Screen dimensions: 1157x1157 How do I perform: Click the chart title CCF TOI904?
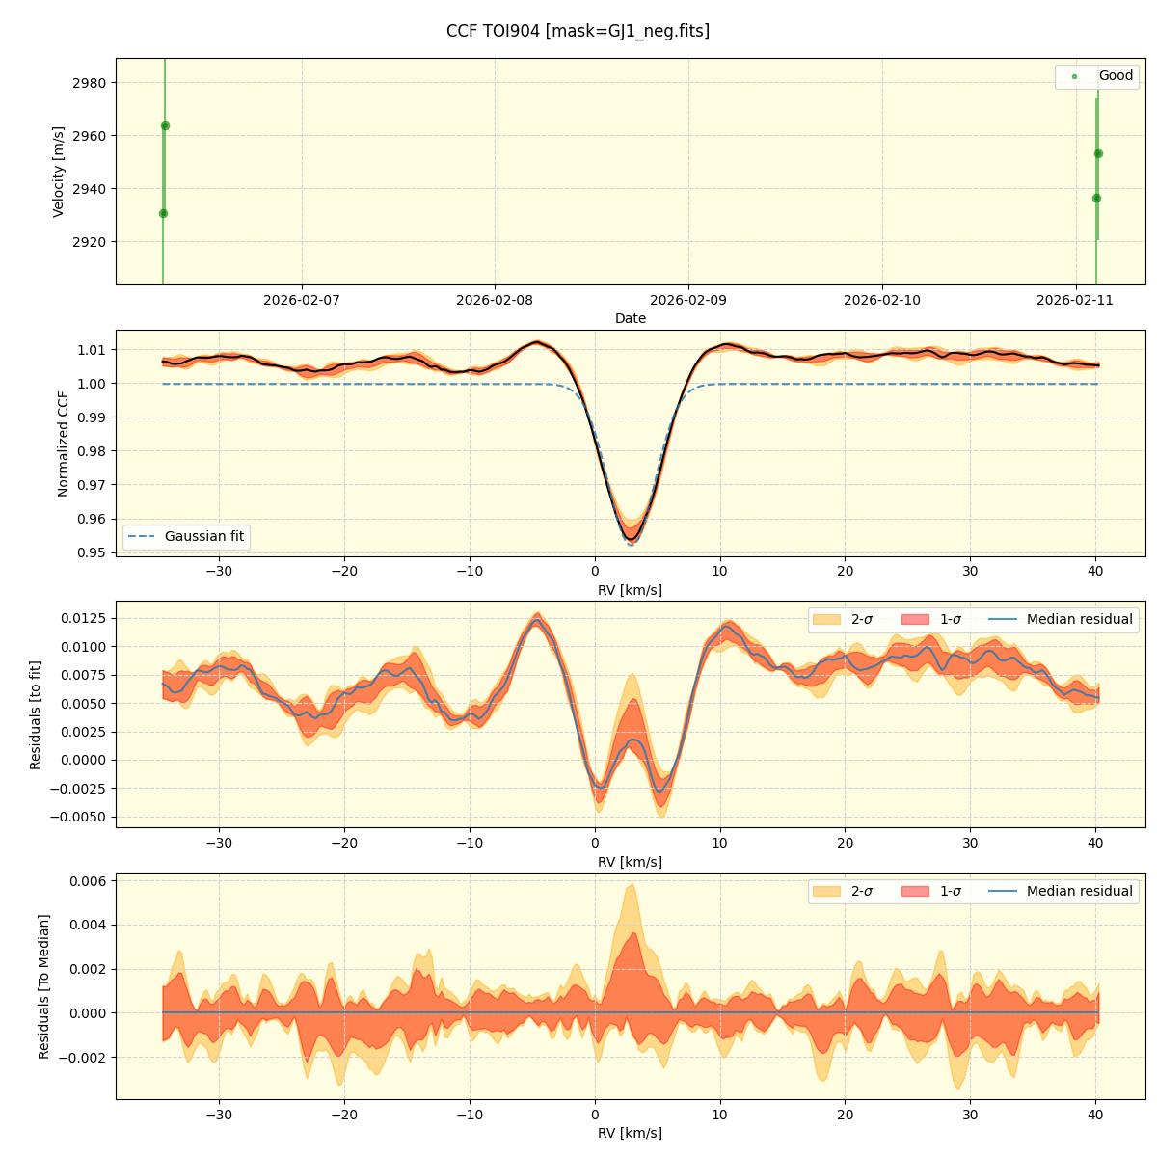[578, 31]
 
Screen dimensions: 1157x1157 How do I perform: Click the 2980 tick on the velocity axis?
[89, 83]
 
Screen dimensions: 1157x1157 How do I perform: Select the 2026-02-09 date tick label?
[688, 300]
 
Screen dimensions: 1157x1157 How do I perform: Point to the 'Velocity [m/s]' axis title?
[59, 172]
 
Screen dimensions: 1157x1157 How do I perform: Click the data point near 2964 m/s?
[165, 125]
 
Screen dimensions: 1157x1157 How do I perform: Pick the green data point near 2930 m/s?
[163, 213]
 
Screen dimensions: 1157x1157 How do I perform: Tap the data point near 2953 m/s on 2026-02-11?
[1098, 153]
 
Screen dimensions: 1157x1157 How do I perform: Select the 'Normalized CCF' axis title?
[64, 444]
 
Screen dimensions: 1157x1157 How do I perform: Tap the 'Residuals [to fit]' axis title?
[36, 714]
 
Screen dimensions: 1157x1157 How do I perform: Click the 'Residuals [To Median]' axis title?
[43, 986]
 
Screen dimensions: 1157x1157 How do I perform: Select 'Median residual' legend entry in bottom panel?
[1079, 891]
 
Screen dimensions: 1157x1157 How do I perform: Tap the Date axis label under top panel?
[631, 318]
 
